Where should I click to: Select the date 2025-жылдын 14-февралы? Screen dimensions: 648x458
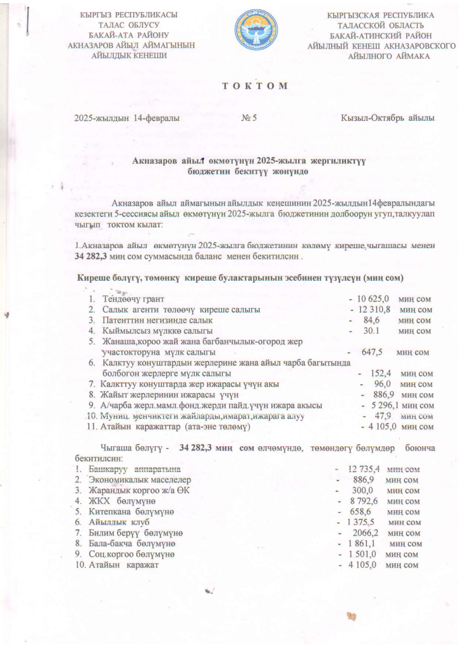point(126,118)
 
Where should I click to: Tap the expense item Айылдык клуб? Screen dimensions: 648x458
point(120,522)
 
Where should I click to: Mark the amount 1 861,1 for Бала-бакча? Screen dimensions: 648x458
point(363,544)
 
